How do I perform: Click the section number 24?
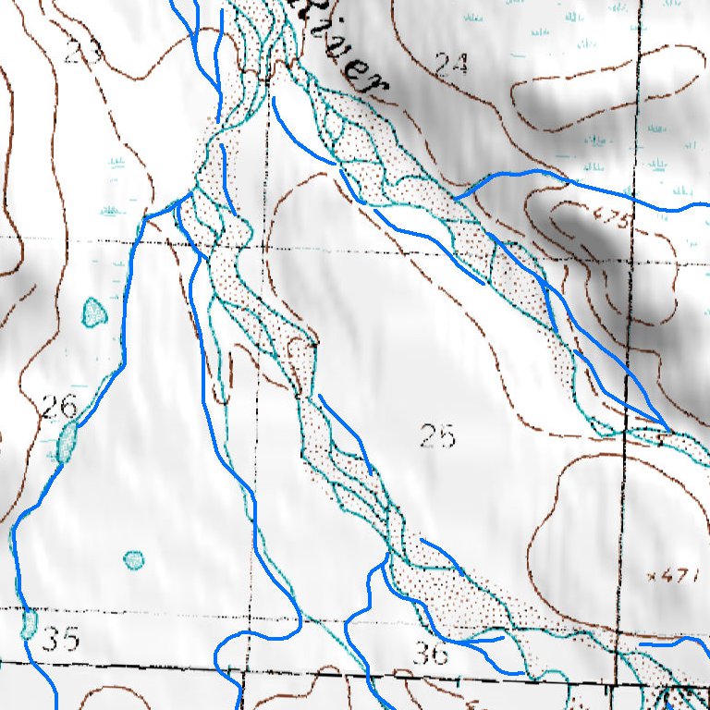click(x=452, y=64)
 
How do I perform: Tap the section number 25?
click(x=437, y=435)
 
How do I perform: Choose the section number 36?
click(x=430, y=654)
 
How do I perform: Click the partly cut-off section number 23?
click(x=82, y=52)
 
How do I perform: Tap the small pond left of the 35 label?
click(x=29, y=624)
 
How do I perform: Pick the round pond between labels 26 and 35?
click(x=134, y=559)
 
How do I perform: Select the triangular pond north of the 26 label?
click(x=93, y=312)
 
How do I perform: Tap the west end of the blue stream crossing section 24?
click(x=458, y=196)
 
